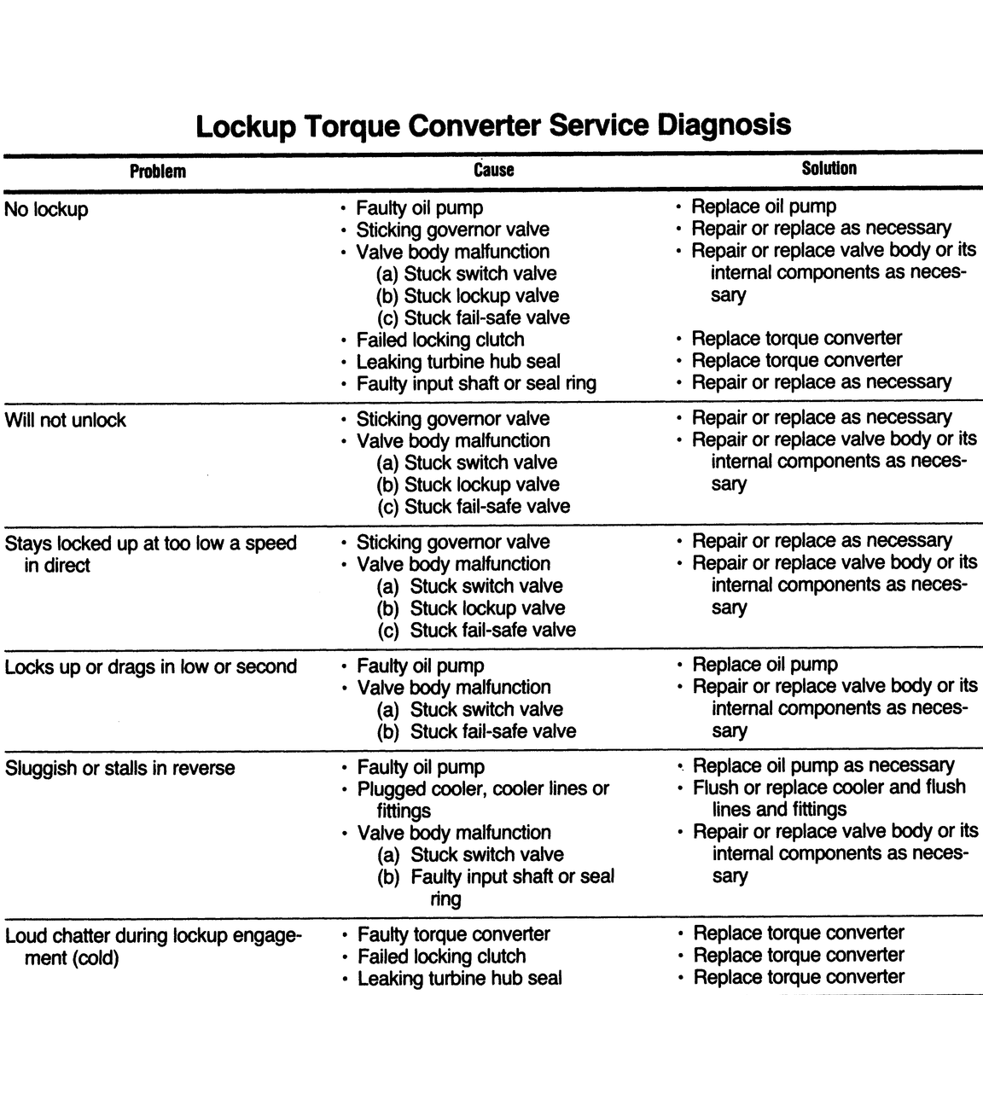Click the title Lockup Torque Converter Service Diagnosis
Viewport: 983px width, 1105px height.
tap(492, 125)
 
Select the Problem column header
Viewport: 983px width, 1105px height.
tap(158, 171)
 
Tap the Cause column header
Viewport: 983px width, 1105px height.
tap(493, 170)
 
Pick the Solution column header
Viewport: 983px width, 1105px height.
tap(829, 168)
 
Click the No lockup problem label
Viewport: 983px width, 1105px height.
tap(46, 209)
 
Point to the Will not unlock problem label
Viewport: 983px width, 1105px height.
tap(66, 420)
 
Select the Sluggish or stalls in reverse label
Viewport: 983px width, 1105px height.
tap(119, 768)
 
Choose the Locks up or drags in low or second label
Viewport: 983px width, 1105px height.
tap(151, 666)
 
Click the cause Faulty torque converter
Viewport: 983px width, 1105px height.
tap(453, 934)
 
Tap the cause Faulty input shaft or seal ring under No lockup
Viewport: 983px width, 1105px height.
tap(475, 384)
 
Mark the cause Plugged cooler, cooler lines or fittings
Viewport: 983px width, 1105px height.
tap(483, 800)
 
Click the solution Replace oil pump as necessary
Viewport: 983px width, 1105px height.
tap(823, 765)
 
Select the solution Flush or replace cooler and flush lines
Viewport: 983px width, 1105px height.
tap(829, 798)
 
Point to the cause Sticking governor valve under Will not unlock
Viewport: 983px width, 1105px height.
tap(452, 419)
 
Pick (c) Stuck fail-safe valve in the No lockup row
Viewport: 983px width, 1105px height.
tap(474, 317)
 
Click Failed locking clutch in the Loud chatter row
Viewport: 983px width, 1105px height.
tap(441, 957)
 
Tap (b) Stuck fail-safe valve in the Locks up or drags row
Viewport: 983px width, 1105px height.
tap(477, 731)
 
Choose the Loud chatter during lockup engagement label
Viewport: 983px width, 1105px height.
tap(153, 946)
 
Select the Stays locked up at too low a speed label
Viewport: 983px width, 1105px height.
tap(151, 554)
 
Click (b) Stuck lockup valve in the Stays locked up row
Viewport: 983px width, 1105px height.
tap(471, 608)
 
